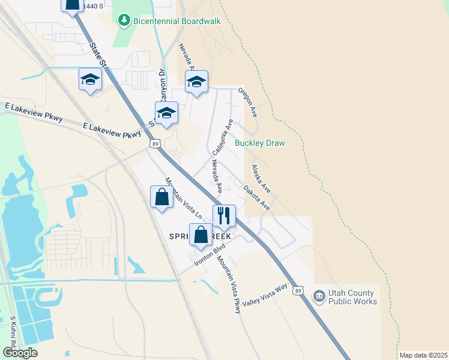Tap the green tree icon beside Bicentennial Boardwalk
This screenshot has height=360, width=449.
pyautogui.click(x=124, y=21)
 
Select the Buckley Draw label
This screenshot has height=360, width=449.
pyautogui.click(x=259, y=143)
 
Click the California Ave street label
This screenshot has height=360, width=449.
pyautogui.click(x=222, y=137)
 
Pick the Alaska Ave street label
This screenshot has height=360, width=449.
pyautogui.click(x=261, y=179)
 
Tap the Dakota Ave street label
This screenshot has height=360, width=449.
pyautogui.click(x=256, y=197)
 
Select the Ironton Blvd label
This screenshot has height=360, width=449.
pyautogui.click(x=209, y=255)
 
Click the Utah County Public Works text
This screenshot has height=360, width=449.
pyautogui.click(x=353, y=297)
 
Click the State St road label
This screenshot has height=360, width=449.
pyautogui.click(x=96, y=53)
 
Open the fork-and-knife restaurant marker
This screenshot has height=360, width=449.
pyautogui.click(x=224, y=216)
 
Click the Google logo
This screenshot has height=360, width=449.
pyautogui.click(x=20, y=353)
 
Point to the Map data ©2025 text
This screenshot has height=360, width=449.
pyautogui.click(x=423, y=355)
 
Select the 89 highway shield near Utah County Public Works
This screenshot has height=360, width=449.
pyautogui.click(x=298, y=291)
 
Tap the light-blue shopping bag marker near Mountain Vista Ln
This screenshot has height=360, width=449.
pyautogui.click(x=161, y=197)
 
